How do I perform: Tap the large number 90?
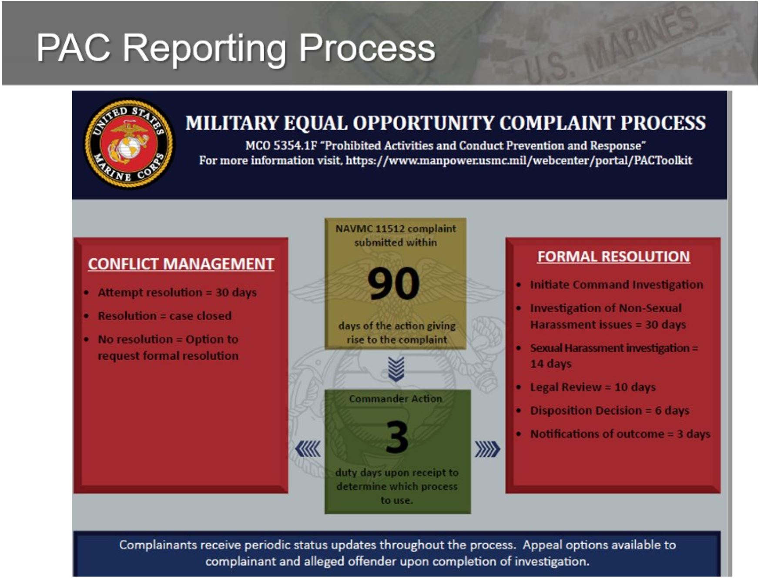[394, 284]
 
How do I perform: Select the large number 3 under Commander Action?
[397, 437]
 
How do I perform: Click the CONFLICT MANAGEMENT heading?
[181, 264]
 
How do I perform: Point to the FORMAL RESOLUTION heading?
[613, 257]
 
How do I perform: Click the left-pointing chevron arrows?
[308, 449]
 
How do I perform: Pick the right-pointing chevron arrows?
[487, 449]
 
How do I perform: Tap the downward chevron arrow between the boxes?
[396, 369]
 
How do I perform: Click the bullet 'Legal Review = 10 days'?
[593, 387]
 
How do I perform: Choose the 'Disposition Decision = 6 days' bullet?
[610, 411]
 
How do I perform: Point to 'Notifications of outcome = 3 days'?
[620, 434]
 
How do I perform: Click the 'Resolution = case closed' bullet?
[164, 316]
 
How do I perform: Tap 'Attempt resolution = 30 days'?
[177, 292]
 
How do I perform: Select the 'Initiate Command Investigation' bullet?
[617, 284]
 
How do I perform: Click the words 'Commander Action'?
[396, 399]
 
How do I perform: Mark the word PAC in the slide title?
[74, 47]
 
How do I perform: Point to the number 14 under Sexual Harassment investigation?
[537, 364]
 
